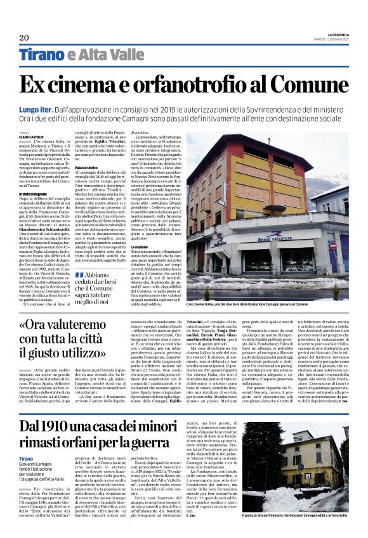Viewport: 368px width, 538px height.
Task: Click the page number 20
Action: coord(25,37)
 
